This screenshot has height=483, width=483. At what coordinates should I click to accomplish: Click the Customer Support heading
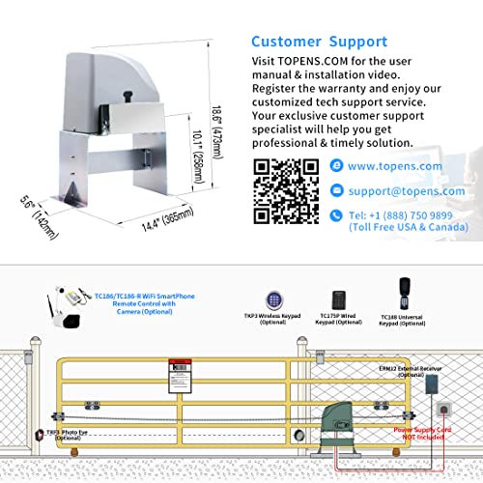click(319, 42)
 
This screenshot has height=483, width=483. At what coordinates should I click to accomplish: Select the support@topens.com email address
click(407, 191)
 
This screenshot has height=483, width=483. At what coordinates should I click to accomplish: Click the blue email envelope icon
click(335, 191)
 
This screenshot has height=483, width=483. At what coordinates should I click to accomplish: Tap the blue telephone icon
click(335, 215)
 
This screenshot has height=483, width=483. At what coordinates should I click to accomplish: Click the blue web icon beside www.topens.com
click(335, 166)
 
